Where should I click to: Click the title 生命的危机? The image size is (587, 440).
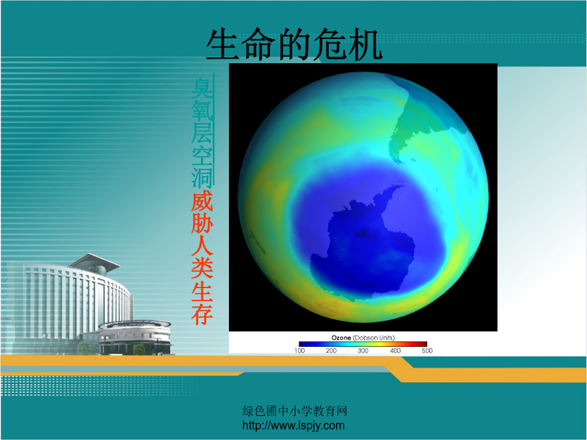[x=294, y=44]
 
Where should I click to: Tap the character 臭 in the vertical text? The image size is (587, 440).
[x=202, y=88]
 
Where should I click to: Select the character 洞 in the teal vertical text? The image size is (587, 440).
[x=202, y=177]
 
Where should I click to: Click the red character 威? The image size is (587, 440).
[x=202, y=201]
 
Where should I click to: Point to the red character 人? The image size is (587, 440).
[x=202, y=245]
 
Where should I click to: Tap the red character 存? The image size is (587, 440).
[x=202, y=314]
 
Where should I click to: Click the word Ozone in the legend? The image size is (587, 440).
[x=341, y=338]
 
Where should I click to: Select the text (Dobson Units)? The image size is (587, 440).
[x=374, y=338]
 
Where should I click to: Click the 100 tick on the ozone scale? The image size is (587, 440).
[x=299, y=351]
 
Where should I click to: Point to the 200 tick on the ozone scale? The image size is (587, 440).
[x=331, y=351]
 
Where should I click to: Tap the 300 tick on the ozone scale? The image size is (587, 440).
[x=363, y=351]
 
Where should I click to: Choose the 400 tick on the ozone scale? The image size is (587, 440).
[x=395, y=351]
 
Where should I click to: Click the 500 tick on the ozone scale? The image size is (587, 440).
[x=427, y=351]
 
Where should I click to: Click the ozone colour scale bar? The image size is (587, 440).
[x=363, y=344]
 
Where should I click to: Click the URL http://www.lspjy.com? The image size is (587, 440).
[x=293, y=426]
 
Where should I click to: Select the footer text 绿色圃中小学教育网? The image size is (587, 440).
[x=295, y=411]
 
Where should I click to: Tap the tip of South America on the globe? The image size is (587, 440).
[x=400, y=162]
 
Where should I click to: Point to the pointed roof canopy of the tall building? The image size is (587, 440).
[x=95, y=261]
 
